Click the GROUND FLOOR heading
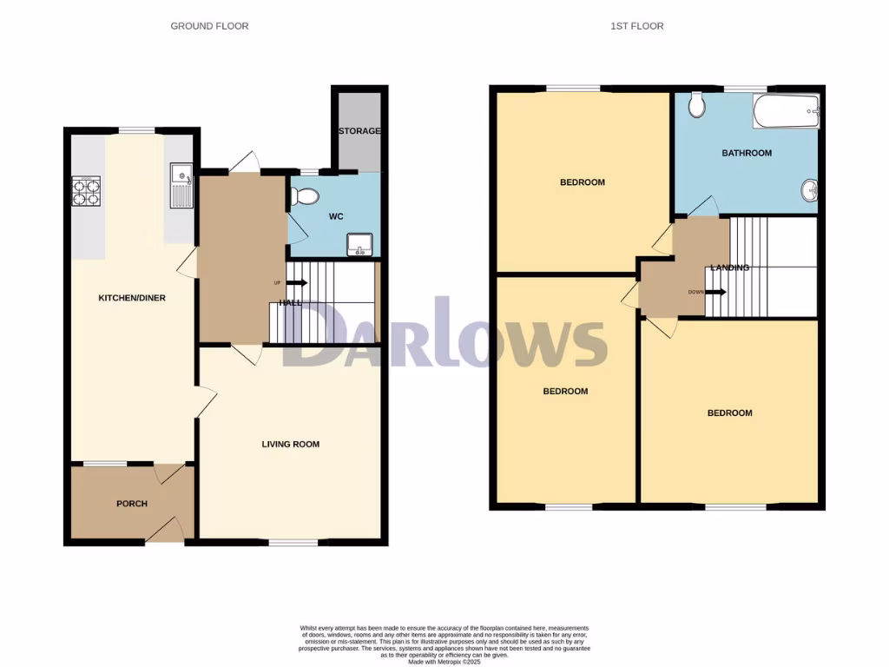click(x=209, y=26)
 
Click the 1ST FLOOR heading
click(x=636, y=26)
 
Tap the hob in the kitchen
click(x=86, y=191)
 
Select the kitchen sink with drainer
click(x=181, y=186)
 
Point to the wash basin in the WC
click(x=359, y=244)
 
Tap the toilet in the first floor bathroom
click(x=695, y=106)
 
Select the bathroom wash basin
click(x=810, y=188)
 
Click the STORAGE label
click(x=359, y=131)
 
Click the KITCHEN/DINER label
click(x=132, y=298)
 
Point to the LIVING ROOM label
click(x=291, y=445)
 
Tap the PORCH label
click(x=132, y=504)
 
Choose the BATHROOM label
click(x=747, y=154)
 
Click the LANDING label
click(x=729, y=267)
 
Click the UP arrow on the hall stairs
click(x=296, y=283)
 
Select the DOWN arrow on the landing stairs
click(x=714, y=292)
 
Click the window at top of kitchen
click(x=136, y=130)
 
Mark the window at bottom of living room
click(x=286, y=543)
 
